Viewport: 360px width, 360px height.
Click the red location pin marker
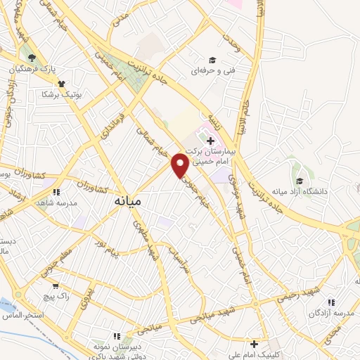click(181, 165)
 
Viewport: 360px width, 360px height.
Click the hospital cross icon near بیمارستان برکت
click(210, 140)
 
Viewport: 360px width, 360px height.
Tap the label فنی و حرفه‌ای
click(213, 71)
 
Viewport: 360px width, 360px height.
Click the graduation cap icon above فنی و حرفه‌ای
click(212, 60)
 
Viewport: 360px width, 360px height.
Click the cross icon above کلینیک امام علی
click(255, 345)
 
